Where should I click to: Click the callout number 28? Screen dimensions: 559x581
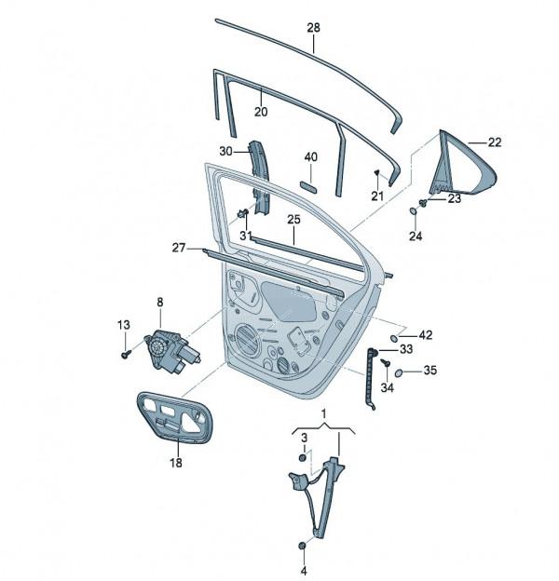tap(313, 27)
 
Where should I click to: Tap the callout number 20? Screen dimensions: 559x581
tap(261, 112)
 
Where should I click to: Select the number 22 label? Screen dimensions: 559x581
tap(495, 142)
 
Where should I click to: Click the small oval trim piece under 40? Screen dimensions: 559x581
tap(308, 186)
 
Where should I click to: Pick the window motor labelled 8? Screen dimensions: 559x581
tap(172, 351)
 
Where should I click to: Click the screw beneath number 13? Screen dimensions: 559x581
tap(126, 355)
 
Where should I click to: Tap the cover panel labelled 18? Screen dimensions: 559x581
tap(175, 417)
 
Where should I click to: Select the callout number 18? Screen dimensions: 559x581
tap(176, 463)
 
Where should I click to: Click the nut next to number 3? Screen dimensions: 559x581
tap(303, 457)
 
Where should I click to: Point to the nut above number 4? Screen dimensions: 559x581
tap(303, 546)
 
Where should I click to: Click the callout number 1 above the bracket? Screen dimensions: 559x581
tap(323, 413)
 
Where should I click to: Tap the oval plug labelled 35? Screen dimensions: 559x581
tap(400, 372)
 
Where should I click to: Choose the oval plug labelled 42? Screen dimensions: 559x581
tap(395, 338)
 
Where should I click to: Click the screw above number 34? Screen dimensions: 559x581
tap(386, 362)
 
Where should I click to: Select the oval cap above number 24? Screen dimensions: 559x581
tap(413, 211)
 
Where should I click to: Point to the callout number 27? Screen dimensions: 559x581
tap(178, 248)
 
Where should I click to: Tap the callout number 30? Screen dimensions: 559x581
tap(225, 151)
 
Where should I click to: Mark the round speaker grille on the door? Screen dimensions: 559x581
tap(248, 340)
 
